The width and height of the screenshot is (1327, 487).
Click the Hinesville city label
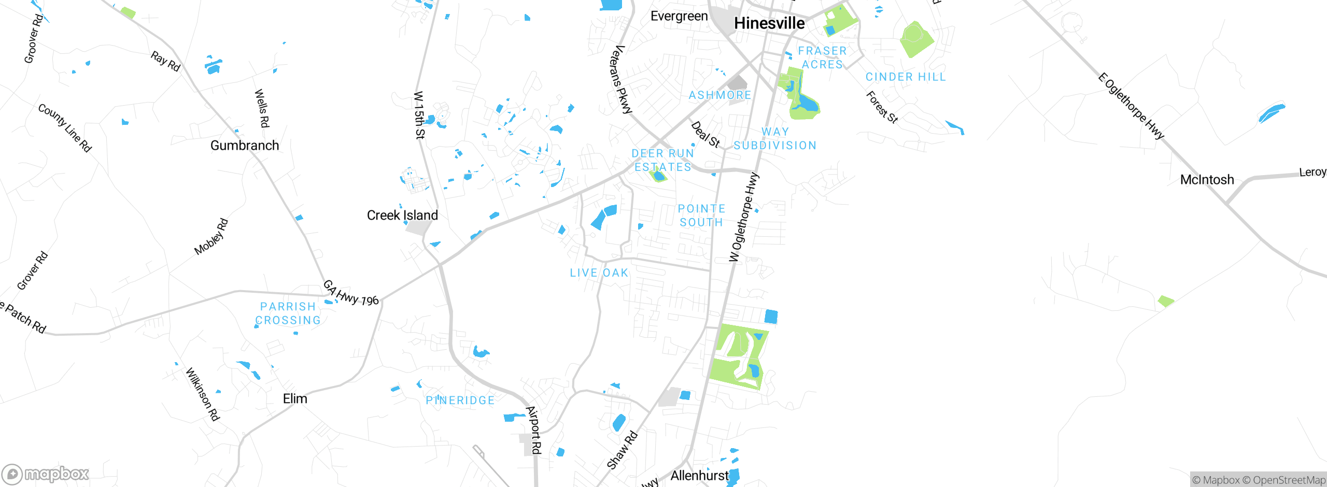pos(769,23)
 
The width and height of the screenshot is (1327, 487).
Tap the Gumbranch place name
pos(245,146)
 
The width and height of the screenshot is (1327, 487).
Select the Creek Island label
pos(402,215)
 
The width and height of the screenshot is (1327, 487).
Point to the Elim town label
pos(295,398)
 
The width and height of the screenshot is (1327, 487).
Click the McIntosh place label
pos(1207,180)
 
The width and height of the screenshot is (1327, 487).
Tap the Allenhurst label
pos(699,475)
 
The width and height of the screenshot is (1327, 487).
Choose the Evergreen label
pos(679,16)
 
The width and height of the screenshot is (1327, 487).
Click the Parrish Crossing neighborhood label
pos(288,313)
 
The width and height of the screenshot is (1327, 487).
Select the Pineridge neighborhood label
pos(460,400)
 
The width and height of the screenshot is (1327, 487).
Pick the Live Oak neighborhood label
pos(599,273)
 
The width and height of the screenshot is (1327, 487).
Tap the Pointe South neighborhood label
pos(701,216)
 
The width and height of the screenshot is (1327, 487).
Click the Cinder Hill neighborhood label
pos(906,77)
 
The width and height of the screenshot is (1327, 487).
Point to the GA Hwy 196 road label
pos(351,293)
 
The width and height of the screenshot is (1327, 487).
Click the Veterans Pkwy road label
pos(621,79)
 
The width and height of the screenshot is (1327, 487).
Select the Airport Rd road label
pos(534,430)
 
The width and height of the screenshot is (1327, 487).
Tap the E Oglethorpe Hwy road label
pos(1131,107)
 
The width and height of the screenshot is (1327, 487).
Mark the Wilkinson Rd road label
pos(203,394)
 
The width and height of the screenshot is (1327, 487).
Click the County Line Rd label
pos(65,128)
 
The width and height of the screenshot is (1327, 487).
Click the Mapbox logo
pos(46,474)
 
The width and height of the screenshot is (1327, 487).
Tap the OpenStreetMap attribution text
pos(1289,480)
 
